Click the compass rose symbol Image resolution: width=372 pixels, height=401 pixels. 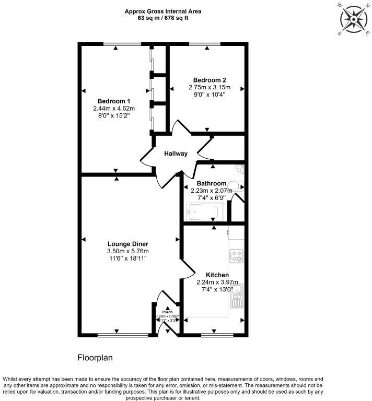pyautogui.click(x=354, y=19)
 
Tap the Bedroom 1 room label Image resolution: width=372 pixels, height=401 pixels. pyautogui.click(x=113, y=101)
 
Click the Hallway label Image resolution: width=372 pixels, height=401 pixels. pyautogui.click(x=176, y=154)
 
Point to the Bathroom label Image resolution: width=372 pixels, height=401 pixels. pyautogui.click(x=212, y=183)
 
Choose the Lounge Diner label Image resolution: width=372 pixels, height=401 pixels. pyautogui.click(x=128, y=244)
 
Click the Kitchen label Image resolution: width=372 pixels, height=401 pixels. pyautogui.click(x=217, y=275)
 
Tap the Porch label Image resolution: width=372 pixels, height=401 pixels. pyautogui.click(x=167, y=312)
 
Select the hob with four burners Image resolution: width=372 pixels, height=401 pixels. pyautogui.click(x=237, y=255)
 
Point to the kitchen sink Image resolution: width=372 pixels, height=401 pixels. pyautogui.click(x=238, y=296)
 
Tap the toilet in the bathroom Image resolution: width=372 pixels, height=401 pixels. pyautogui.click(x=238, y=186)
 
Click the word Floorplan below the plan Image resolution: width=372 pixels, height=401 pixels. pyautogui.click(x=96, y=358)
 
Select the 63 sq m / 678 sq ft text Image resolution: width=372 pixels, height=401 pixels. pyautogui.click(x=156, y=17)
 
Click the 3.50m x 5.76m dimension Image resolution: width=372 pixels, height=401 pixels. pyautogui.click(x=128, y=251)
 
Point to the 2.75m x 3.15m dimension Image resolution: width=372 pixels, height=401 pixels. pyautogui.click(x=210, y=87)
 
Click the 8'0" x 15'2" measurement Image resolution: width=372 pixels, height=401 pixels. pyautogui.click(x=113, y=115)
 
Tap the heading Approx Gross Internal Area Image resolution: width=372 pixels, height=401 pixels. pyautogui.click(x=156, y=10)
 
